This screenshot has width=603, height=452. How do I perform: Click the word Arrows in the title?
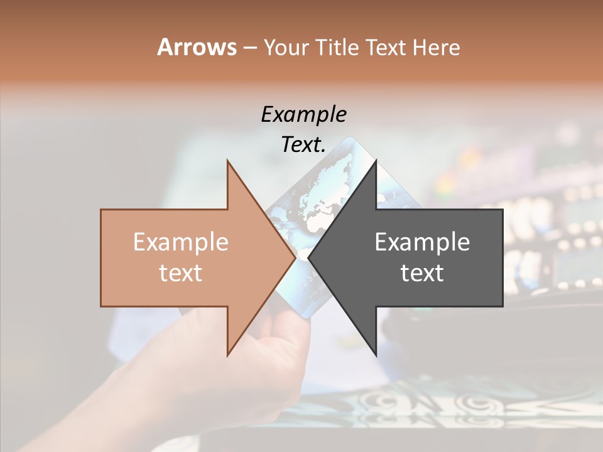(x=197, y=47)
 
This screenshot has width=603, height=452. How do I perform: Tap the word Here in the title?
(x=436, y=47)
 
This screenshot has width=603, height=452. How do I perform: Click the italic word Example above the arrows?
(x=303, y=114)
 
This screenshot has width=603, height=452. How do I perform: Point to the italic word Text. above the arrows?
(x=303, y=144)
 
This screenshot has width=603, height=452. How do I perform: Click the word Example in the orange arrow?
(x=181, y=242)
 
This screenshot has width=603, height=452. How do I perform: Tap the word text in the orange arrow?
(x=181, y=272)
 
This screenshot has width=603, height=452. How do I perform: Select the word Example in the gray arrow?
(x=422, y=242)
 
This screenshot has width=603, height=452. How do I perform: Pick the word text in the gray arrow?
(x=422, y=272)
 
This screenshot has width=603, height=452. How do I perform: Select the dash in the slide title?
(x=249, y=48)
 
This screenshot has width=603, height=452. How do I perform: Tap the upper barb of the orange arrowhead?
(x=228, y=162)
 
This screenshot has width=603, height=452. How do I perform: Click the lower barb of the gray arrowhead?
(x=376, y=355)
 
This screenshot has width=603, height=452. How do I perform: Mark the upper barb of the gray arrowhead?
(x=376, y=162)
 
